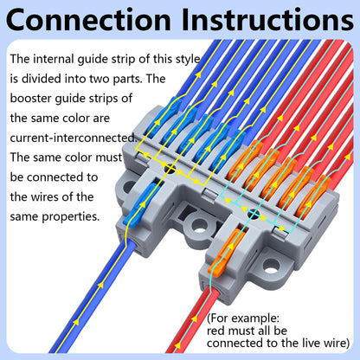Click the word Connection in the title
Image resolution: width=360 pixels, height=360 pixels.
point(88,20)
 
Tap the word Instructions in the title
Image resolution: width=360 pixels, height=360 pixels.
point(267,20)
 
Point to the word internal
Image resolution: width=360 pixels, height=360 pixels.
point(54,59)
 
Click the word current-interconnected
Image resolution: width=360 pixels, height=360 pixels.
point(74,138)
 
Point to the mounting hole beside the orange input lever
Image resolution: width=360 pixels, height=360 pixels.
point(271,266)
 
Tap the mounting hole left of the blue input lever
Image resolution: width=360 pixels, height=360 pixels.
point(128,187)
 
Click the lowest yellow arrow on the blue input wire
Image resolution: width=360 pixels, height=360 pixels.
point(76,321)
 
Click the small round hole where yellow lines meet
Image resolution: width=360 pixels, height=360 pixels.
point(170,169)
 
